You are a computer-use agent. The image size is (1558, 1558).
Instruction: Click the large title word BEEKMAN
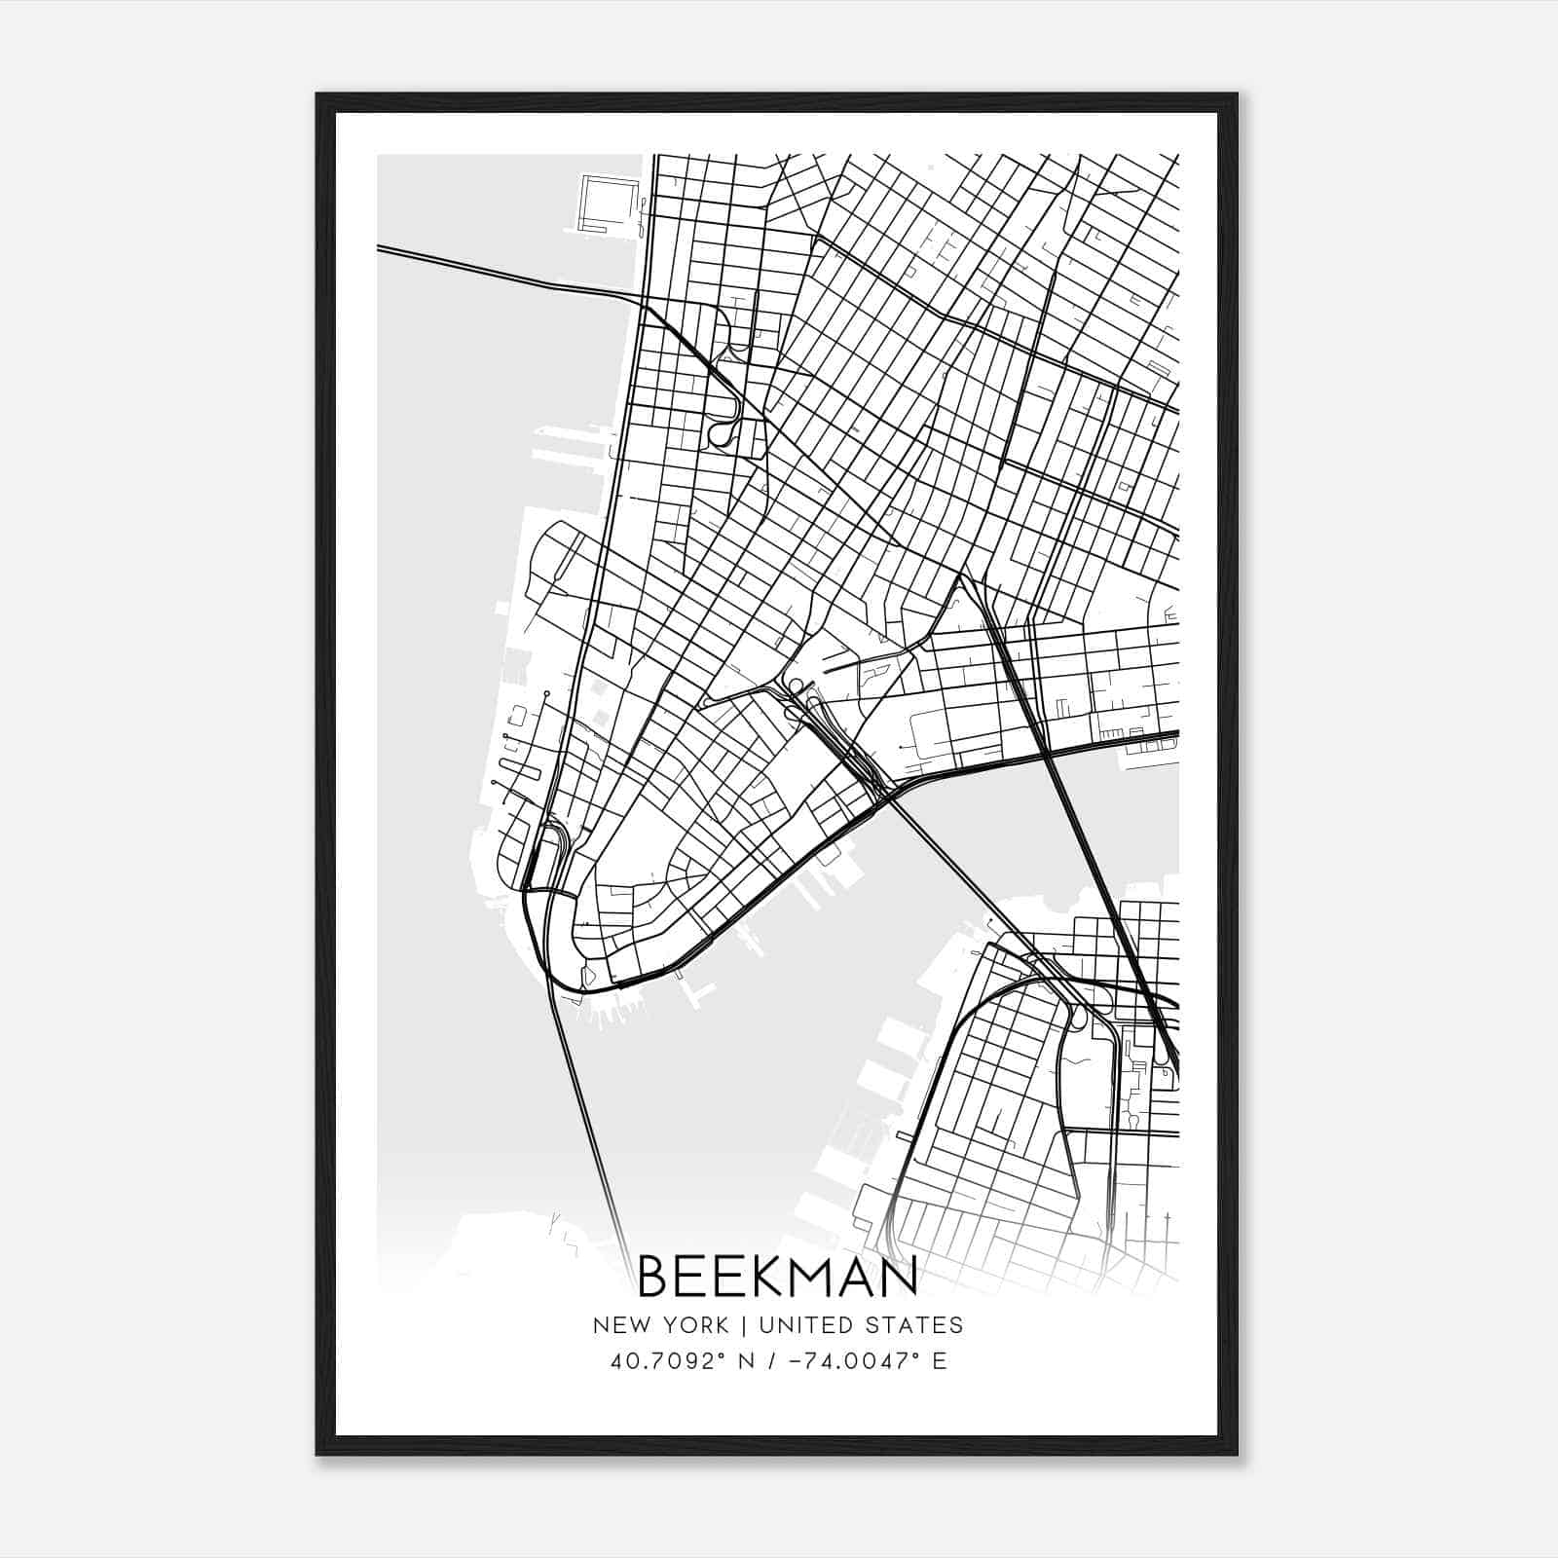pyautogui.click(x=778, y=1277)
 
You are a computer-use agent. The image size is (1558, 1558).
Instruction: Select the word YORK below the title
pyautogui.click(x=694, y=1325)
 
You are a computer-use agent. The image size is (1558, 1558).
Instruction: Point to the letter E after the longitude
pyautogui.click(x=939, y=1360)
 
